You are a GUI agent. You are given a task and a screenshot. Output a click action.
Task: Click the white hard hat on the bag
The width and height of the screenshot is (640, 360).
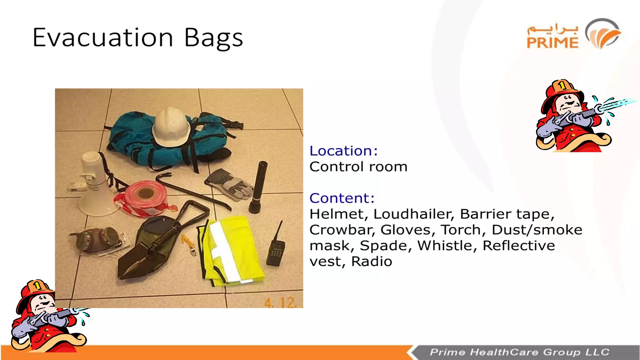171,127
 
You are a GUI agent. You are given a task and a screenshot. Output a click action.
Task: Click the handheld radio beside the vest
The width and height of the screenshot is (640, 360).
275,252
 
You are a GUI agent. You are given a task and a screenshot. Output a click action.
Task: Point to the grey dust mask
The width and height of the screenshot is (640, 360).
97,239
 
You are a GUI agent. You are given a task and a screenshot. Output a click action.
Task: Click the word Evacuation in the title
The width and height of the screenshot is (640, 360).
103,37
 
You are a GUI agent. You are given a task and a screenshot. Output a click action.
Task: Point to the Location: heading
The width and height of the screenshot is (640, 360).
343,151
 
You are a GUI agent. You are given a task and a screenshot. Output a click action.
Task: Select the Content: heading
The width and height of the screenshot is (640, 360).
342,198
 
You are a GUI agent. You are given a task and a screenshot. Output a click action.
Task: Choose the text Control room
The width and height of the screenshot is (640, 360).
358,167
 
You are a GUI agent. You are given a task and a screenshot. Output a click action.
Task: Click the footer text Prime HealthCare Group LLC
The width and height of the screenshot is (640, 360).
519,352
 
